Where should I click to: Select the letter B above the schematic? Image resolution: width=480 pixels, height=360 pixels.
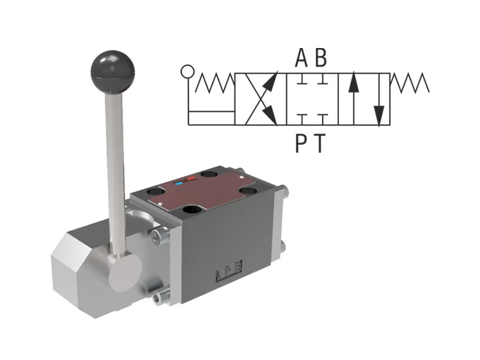pos(322,58)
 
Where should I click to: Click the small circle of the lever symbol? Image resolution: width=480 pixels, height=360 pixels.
pos(188,72)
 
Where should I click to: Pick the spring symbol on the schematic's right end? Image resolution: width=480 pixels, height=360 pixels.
pos(410,83)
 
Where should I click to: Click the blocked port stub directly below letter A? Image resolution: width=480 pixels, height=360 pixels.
pos(304,79)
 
